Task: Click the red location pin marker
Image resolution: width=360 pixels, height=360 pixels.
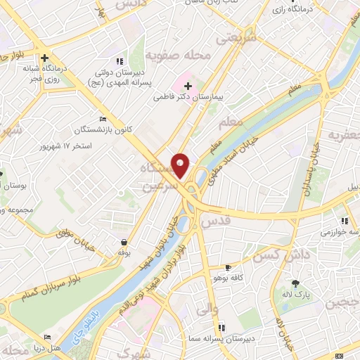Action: click(x=181, y=165)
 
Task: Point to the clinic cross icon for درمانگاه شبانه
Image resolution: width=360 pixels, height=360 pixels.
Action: click(x=44, y=58)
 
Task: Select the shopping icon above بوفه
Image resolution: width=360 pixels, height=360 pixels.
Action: click(x=124, y=241)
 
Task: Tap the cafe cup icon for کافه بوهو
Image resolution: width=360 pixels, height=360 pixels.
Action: click(x=228, y=268)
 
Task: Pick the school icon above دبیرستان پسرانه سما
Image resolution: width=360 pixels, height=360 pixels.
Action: click(x=221, y=327)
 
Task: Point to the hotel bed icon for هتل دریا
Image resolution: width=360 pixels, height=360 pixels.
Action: click(x=48, y=337)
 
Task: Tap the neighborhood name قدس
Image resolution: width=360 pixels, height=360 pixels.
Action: click(x=214, y=220)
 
